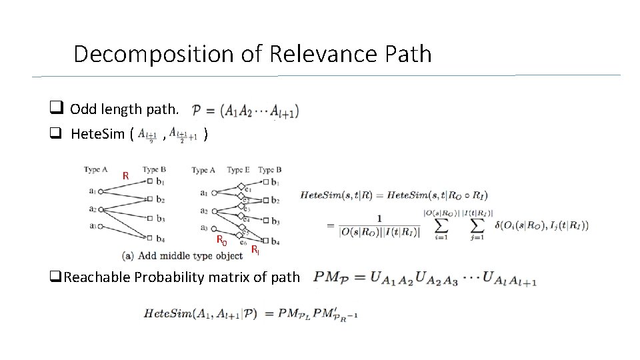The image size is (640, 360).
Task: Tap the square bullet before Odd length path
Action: pos(56,109)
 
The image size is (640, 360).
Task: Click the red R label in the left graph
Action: pos(125,176)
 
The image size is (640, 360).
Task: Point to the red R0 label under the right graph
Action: pos(220,241)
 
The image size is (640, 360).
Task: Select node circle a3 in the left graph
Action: pos(101,227)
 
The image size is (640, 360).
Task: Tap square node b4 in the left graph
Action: pos(151,239)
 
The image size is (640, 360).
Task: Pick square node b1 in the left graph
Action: pos(151,181)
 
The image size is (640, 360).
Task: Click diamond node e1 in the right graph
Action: pos(241,187)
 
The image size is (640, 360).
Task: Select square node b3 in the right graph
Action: pos(265,221)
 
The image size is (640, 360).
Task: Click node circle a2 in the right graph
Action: pos(214,211)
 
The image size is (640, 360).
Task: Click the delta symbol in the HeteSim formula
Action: pos(492,225)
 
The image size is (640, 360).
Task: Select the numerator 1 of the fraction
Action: pos(379,217)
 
